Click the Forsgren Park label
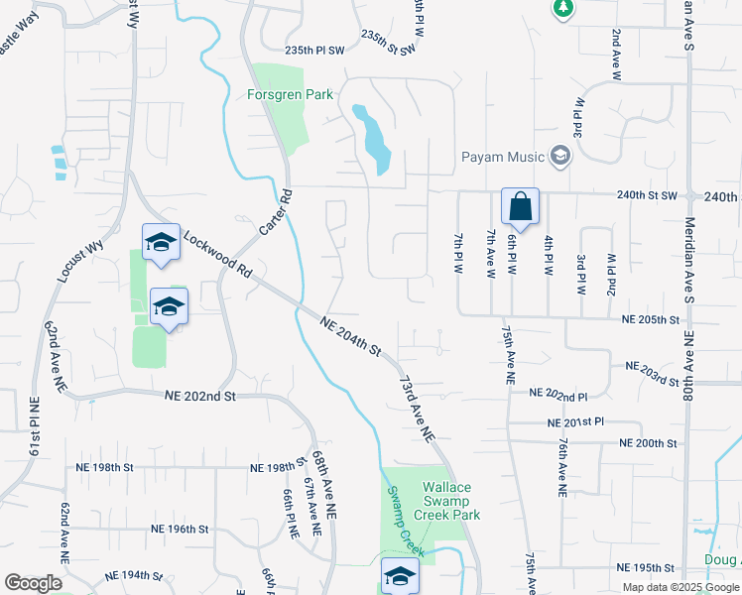click(x=289, y=96)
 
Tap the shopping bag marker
click(x=520, y=207)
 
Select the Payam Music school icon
click(x=560, y=157)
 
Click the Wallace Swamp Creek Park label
click(x=451, y=501)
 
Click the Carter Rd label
click(x=275, y=211)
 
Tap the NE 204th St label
click(x=351, y=335)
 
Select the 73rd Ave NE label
click(x=418, y=408)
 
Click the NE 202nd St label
click(x=200, y=397)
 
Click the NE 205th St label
click(x=651, y=320)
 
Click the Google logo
click(x=33, y=583)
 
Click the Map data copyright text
click(x=680, y=587)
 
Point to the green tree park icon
click(x=563, y=8)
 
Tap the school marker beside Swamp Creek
click(x=400, y=575)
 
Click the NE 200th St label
click(x=648, y=443)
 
